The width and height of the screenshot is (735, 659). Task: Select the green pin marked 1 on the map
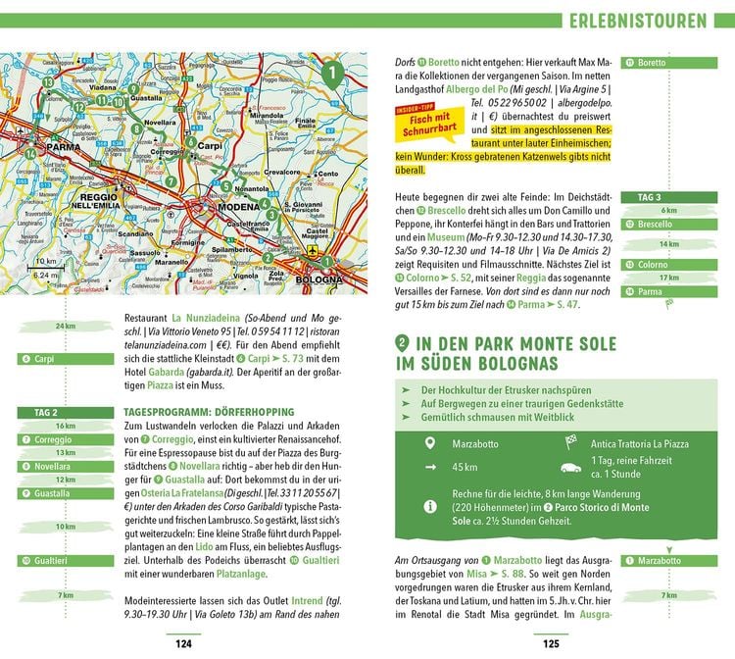point(333,74)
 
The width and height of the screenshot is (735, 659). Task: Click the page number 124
point(182,643)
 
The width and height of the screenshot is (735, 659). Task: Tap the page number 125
point(551,643)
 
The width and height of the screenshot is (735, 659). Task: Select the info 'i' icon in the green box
point(427,506)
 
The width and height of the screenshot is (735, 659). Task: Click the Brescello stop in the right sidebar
point(654,224)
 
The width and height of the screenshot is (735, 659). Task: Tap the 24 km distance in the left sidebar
point(66,327)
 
